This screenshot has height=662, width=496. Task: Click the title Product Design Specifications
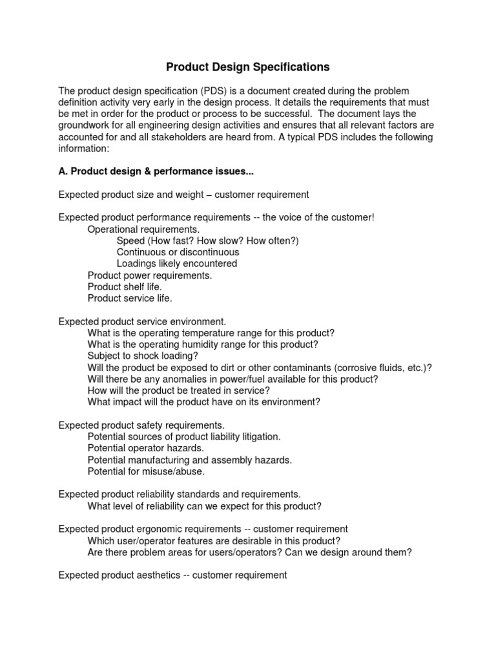coord(248,67)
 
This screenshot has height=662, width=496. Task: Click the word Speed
coord(130,240)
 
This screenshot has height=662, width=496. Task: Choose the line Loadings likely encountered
coord(176,264)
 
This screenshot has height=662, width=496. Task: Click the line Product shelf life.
coord(125,287)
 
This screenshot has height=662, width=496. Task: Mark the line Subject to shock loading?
coord(143,356)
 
